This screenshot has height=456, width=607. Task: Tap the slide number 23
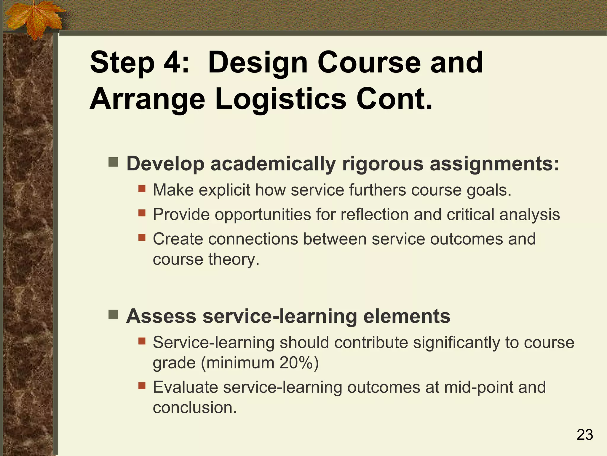point(585,435)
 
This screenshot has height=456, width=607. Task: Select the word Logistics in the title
point(280,99)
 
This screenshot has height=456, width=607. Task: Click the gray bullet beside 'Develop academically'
point(113,162)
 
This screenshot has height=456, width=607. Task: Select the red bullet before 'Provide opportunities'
point(142,213)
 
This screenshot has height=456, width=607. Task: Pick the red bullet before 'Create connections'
point(142,237)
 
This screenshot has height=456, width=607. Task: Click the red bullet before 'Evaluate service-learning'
point(142,386)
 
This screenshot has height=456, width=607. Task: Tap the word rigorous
point(383,164)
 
